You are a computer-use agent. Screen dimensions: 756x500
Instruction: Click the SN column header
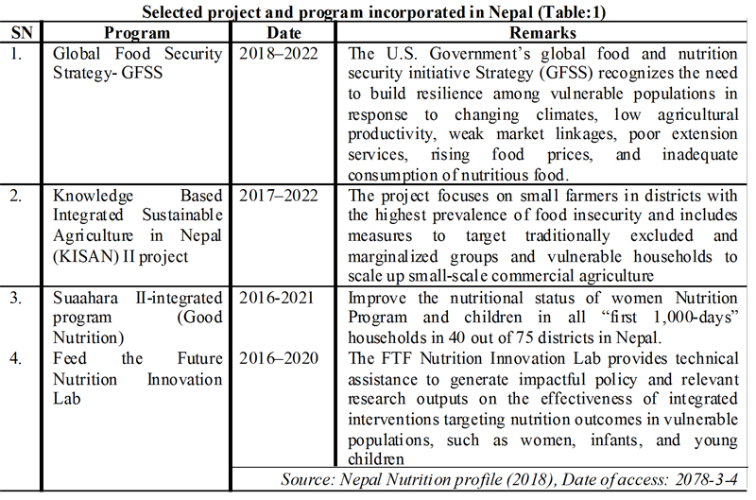click(22, 32)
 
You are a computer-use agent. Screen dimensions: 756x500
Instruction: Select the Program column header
click(137, 33)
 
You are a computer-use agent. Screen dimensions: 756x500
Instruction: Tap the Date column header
click(284, 32)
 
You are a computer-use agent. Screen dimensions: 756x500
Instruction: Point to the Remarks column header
click(542, 32)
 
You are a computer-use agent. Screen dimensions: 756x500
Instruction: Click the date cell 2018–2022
click(279, 53)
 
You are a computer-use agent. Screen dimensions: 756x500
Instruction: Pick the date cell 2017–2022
click(279, 196)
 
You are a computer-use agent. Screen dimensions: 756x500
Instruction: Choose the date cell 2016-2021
click(277, 298)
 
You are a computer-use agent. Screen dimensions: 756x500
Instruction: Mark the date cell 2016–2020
click(279, 358)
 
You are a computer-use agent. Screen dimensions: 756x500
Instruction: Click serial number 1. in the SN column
click(16, 53)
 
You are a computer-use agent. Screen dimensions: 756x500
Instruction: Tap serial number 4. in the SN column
click(16, 358)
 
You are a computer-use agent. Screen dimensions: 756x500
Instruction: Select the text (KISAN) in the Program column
click(86, 256)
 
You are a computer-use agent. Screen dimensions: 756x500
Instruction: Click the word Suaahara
click(85, 298)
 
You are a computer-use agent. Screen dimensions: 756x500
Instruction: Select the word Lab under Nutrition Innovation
click(66, 399)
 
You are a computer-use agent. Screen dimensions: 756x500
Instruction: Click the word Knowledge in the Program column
click(93, 196)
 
